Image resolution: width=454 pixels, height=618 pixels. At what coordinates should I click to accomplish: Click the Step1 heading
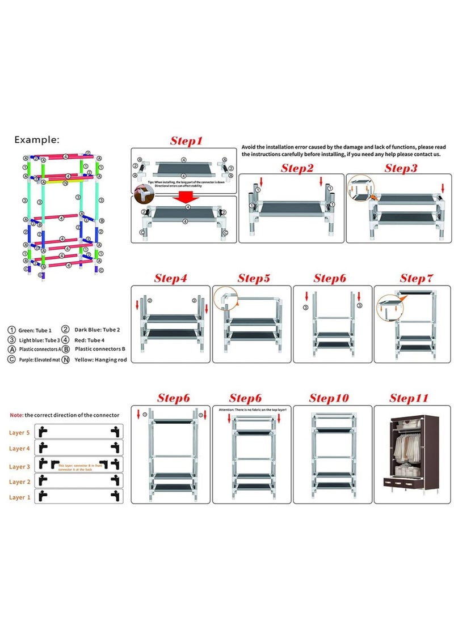coord(186,141)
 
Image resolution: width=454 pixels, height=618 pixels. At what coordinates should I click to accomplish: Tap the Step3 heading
coord(401,168)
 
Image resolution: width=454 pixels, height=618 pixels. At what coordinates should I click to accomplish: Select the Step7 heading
coord(417,278)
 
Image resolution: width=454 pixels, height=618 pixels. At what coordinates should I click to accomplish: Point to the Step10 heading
coord(329,398)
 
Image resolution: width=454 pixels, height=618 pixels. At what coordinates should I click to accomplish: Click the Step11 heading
coord(409,398)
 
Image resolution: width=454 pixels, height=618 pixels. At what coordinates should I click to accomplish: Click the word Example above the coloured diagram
coord(36,139)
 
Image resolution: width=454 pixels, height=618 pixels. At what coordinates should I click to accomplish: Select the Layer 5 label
coord(19,433)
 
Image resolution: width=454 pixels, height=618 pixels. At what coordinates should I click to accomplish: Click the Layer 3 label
coord(19,467)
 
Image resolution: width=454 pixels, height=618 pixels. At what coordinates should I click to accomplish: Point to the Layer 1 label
coord(19,497)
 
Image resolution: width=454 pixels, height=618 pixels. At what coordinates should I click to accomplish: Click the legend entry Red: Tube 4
coord(89,340)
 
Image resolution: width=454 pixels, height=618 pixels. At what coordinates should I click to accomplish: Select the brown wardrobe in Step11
coord(409,453)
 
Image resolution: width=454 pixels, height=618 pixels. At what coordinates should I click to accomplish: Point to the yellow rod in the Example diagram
coord(54,183)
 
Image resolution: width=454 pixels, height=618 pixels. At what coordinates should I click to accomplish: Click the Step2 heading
coord(297,168)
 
